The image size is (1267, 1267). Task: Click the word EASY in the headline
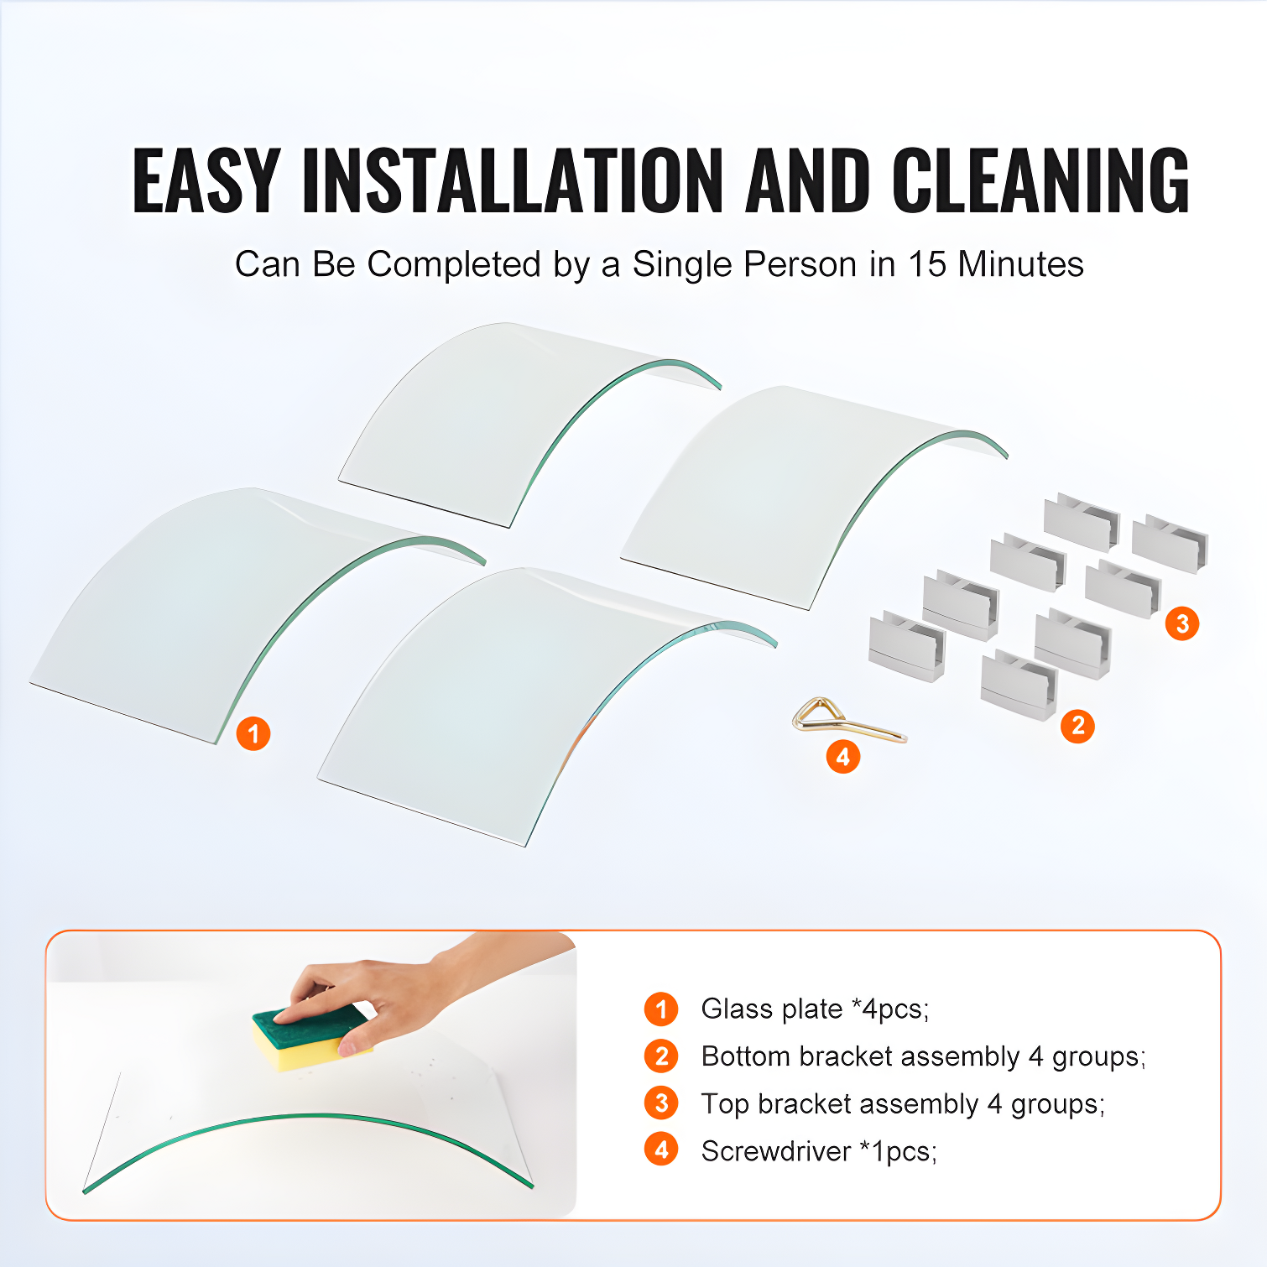coord(206,180)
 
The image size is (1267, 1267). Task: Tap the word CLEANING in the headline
coord(1040,180)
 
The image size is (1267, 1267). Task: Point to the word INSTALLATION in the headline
coord(513,180)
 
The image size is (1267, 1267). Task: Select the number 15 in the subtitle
coord(927,264)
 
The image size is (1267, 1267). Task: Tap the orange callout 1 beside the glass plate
coord(253,734)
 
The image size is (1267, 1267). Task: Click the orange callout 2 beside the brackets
coord(1078,726)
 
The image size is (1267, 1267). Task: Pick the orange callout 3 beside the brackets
coord(1182,623)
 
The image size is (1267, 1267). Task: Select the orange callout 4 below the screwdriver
coord(843,757)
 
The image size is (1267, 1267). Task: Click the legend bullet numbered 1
coord(661,1009)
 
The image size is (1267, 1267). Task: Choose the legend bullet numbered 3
coord(661,1103)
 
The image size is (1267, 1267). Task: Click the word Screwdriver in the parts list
coord(776,1151)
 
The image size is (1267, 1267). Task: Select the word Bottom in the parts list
coord(746,1056)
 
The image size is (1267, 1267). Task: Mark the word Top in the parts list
coord(725,1104)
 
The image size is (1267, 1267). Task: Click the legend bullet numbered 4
coord(661,1150)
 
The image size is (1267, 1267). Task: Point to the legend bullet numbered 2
coord(661,1056)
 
